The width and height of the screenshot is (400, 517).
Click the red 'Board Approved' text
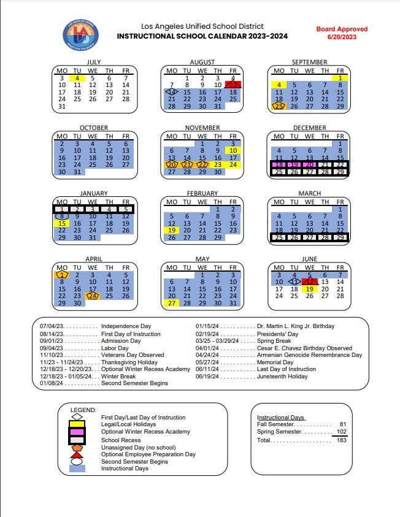pyautogui.click(x=342, y=29)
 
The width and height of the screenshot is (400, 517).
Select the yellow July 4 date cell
pyautogui.click(x=77, y=79)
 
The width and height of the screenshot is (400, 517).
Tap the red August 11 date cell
pyautogui.click(x=233, y=85)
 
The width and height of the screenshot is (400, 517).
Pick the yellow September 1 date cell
pyautogui.click(x=340, y=79)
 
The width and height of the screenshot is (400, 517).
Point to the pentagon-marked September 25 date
pyautogui.click(x=279, y=106)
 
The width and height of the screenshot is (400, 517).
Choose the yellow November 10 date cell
pyautogui.click(x=233, y=150)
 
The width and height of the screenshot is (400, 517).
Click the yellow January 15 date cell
pyautogui.click(x=62, y=223)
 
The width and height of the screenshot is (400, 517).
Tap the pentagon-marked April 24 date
pyautogui.click(x=93, y=296)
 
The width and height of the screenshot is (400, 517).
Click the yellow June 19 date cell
pyautogui.click(x=310, y=289)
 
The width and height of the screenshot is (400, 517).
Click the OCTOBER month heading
pyautogui.click(x=93, y=128)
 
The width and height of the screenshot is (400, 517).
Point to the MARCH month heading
pyautogui.click(x=310, y=193)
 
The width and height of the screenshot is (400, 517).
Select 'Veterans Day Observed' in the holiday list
pyautogui.click(x=133, y=355)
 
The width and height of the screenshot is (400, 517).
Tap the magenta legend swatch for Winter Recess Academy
pyautogui.click(x=77, y=432)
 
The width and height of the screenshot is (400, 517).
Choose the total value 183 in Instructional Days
pyautogui.click(x=341, y=440)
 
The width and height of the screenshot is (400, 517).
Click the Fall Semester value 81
pyautogui.click(x=343, y=424)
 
